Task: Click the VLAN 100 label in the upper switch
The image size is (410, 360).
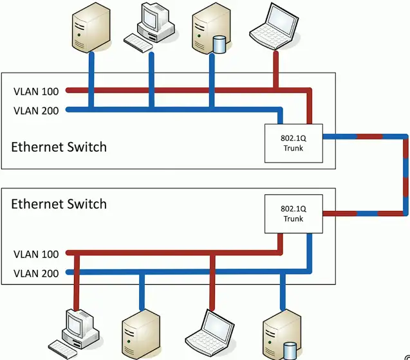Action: tap(36, 91)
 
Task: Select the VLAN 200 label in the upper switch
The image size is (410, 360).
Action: tap(36, 111)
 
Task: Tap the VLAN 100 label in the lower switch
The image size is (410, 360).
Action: tap(36, 255)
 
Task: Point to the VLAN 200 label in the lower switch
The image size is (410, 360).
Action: tap(36, 274)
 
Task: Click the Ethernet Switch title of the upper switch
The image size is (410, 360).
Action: tap(59, 147)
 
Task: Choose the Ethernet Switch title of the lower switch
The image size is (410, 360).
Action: tap(59, 204)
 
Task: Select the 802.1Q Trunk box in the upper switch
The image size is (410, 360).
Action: tap(294, 143)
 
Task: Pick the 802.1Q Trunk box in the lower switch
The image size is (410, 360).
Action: tap(294, 214)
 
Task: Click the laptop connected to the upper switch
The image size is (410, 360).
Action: tap(272, 26)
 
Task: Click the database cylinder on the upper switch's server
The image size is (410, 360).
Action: tap(219, 44)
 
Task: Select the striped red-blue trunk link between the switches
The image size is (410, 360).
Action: tap(405, 174)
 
